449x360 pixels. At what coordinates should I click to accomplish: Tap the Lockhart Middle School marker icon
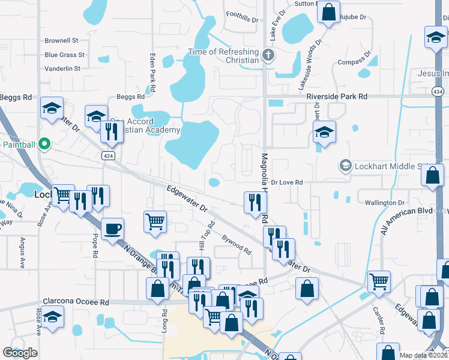click(x=345, y=164)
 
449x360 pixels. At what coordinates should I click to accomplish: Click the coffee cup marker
click(x=112, y=229)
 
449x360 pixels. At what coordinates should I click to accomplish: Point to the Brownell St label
click(x=62, y=41)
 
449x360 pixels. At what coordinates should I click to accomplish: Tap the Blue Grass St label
click(x=64, y=55)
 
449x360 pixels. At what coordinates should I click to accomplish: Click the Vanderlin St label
click(x=62, y=68)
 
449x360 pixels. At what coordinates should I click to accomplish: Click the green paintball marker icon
click(x=43, y=144)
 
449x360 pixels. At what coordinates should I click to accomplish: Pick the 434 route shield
click(x=438, y=91)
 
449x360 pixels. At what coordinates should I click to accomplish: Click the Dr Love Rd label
click(x=287, y=182)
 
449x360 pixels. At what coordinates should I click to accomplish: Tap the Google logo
click(x=20, y=353)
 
